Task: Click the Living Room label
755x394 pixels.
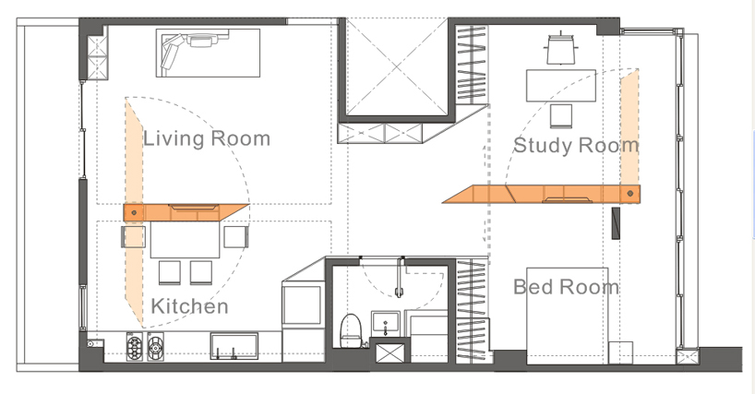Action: click(x=207, y=138)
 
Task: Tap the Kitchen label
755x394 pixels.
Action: click(x=189, y=306)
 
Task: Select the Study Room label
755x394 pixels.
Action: click(x=576, y=145)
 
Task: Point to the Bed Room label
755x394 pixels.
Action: click(x=567, y=287)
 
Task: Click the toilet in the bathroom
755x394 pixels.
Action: click(x=351, y=330)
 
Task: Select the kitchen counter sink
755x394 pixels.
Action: click(x=234, y=346)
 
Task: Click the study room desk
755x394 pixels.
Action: click(x=561, y=86)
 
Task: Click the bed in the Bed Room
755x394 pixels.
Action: click(x=568, y=316)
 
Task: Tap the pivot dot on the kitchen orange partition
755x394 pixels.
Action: click(x=134, y=212)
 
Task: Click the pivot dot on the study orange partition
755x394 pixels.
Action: click(x=630, y=194)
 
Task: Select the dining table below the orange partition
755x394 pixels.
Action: click(x=185, y=240)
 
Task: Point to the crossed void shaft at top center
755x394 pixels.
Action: click(x=397, y=66)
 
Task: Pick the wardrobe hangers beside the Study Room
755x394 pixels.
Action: click(x=472, y=65)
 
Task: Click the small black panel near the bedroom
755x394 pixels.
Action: click(x=616, y=223)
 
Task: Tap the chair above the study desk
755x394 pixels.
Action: click(x=561, y=49)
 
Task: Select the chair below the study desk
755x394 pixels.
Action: click(x=561, y=116)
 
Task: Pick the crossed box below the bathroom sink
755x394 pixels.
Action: click(x=389, y=353)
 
